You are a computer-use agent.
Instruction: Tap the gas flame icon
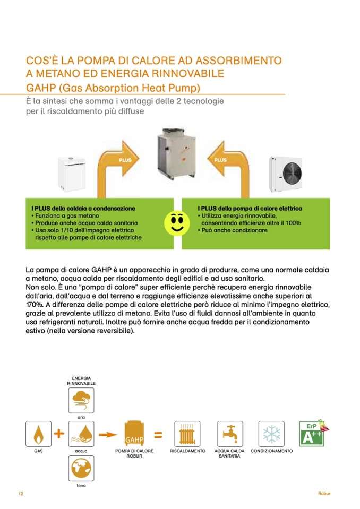click(39, 435)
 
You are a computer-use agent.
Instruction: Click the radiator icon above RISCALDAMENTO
click(187, 435)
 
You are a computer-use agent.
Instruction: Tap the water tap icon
click(230, 435)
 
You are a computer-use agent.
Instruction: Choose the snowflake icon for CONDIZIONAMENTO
click(271, 435)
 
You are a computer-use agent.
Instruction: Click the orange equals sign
click(158, 435)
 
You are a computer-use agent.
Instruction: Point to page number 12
click(21, 494)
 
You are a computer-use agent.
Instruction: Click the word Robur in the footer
click(324, 494)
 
